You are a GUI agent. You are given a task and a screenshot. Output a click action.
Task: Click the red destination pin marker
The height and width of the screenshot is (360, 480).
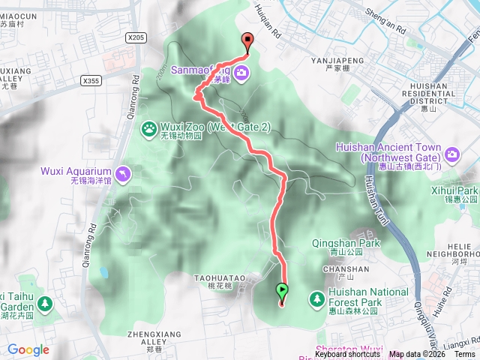coord(247,43)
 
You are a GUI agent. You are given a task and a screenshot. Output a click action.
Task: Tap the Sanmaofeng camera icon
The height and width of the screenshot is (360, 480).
coord(241,73)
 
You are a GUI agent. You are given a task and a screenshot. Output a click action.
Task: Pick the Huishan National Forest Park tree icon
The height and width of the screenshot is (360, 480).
coord(316,299)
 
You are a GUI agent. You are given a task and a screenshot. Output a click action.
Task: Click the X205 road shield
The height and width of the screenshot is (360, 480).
coord(136,37)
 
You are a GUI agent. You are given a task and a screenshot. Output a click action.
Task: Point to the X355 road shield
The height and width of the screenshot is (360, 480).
coord(91,80)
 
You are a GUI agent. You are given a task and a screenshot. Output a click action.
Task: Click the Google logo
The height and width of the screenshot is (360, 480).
coord(28,349)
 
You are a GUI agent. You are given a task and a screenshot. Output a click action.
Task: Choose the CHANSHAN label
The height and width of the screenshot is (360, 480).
coord(342,268)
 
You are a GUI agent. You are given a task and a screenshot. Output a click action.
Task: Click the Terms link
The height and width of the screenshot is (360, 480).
coord(464,355)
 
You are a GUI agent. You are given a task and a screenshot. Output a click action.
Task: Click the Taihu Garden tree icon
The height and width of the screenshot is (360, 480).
coord(46,304)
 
